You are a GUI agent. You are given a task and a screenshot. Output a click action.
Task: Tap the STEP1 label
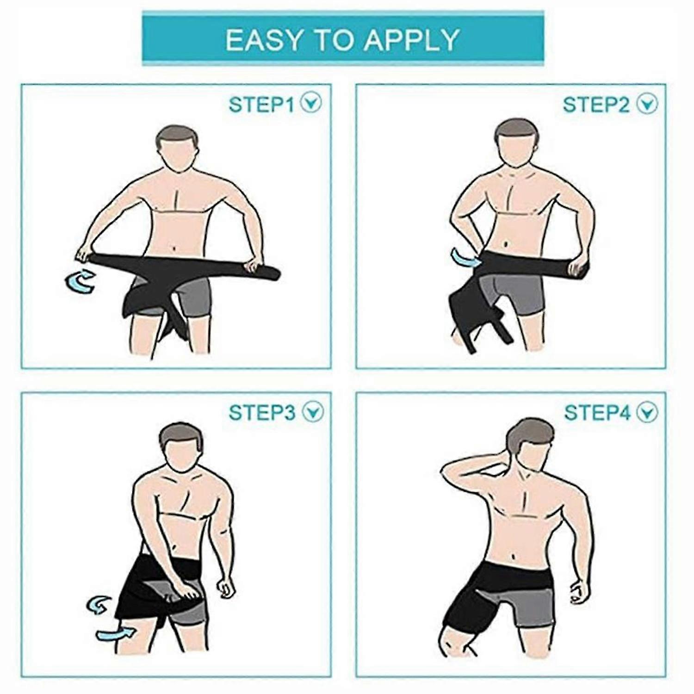coord(261,105)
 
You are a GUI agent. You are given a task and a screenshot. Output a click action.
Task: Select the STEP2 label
coord(596,105)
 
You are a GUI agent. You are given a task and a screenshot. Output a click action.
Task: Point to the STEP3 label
coord(261,412)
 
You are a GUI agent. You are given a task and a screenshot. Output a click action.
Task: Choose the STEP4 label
coord(597,412)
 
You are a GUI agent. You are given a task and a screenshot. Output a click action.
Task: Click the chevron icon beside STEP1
coord(311,103)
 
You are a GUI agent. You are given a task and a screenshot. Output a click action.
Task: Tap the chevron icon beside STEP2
coord(646,104)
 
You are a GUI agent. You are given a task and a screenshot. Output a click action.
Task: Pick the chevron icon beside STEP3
coord(312,411)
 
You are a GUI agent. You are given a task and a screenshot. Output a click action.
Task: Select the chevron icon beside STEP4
coord(646,412)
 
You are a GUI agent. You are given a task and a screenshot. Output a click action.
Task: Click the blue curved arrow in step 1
coord(81,282)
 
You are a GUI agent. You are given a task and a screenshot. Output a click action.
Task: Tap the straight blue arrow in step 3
coord(116,634)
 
